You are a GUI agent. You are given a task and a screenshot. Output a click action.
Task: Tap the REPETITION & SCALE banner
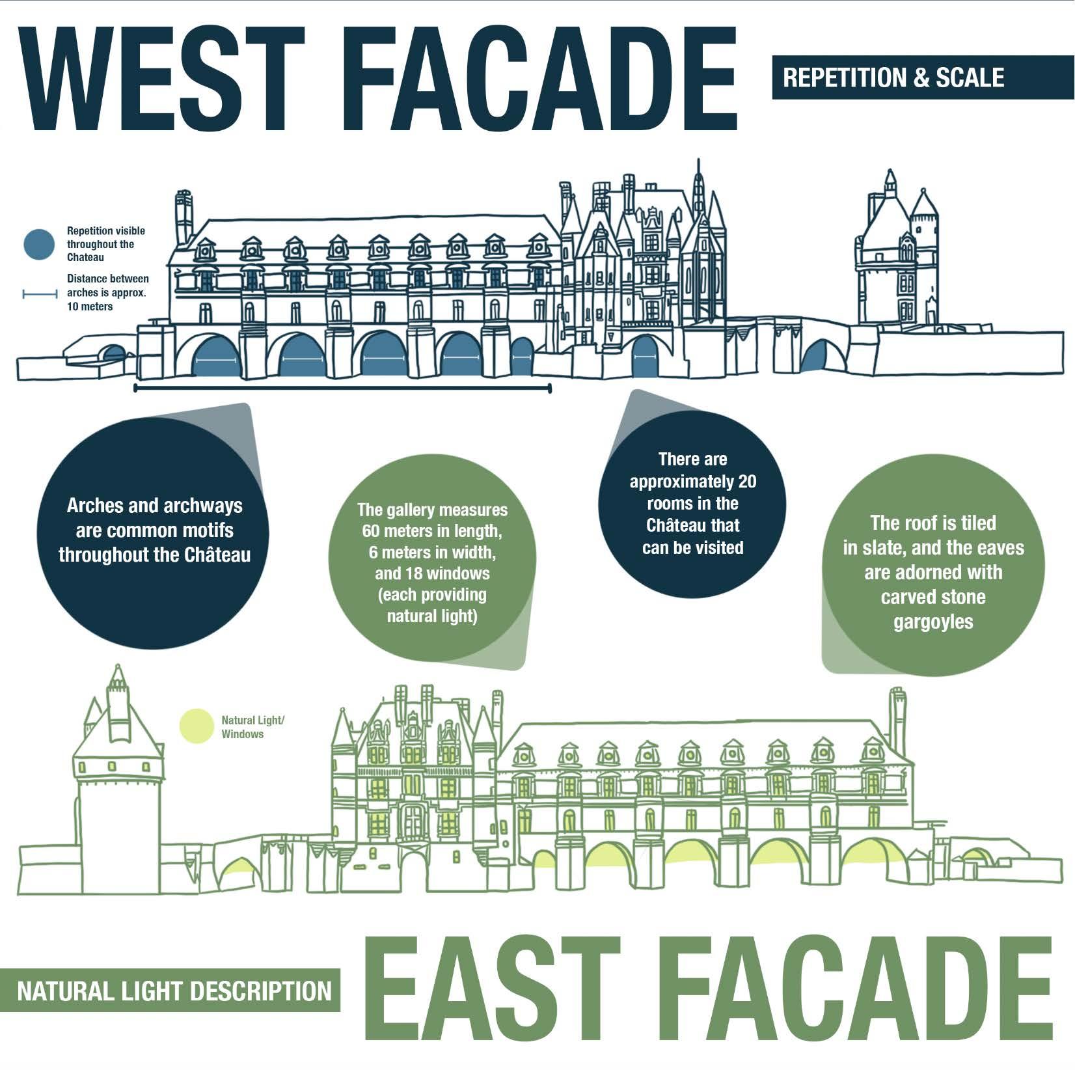(x=893, y=78)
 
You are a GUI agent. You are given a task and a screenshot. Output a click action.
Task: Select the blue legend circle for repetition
(x=40, y=245)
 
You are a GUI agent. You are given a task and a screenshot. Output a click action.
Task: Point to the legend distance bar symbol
(x=40, y=294)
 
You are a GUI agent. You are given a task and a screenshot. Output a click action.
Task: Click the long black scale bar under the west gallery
(x=342, y=389)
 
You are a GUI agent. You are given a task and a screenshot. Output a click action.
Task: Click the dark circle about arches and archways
(x=154, y=530)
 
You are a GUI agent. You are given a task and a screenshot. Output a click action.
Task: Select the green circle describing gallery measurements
(x=432, y=563)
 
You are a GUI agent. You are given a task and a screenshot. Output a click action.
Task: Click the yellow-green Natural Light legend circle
(x=197, y=726)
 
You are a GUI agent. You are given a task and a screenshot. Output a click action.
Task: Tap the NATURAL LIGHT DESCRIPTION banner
(x=174, y=991)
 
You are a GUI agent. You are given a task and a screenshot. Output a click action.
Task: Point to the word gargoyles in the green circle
(x=933, y=622)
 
